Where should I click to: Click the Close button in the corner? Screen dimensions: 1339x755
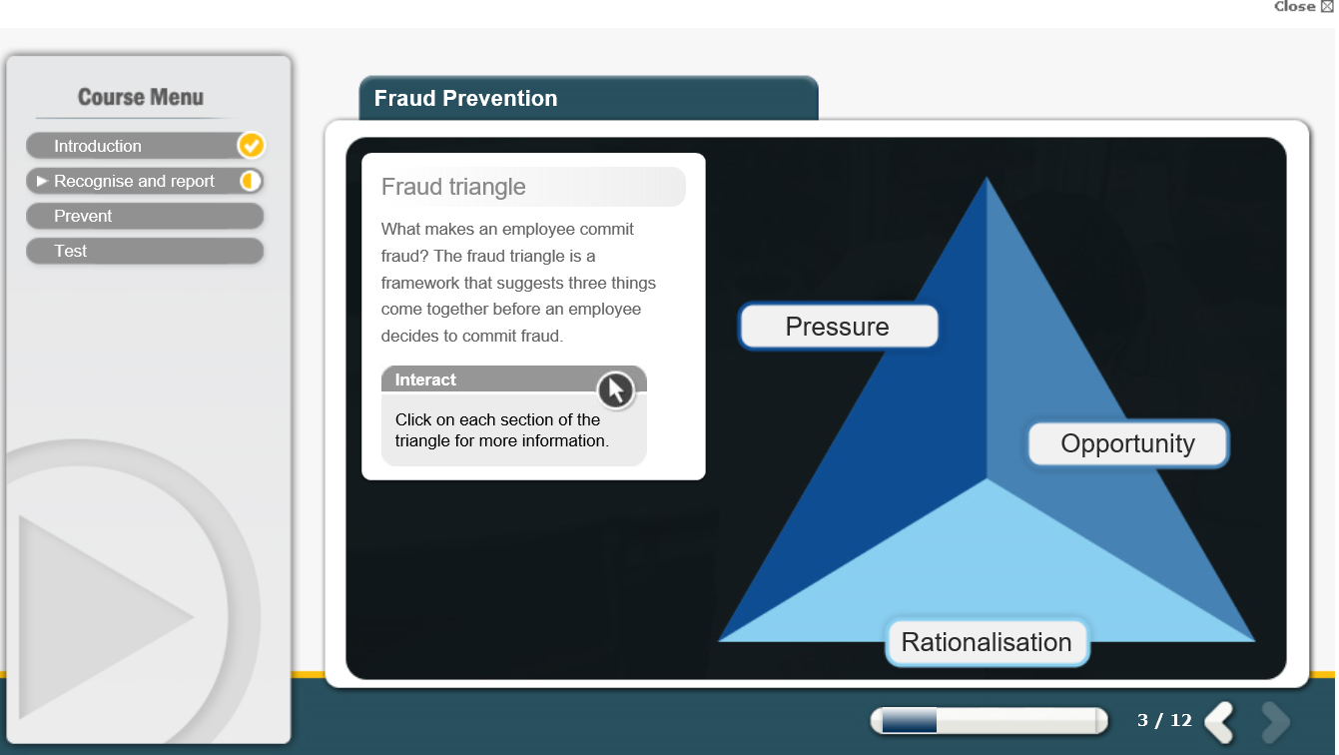tap(1304, 7)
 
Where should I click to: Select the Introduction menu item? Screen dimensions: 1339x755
tap(145, 146)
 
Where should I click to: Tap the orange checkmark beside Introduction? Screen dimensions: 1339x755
tap(251, 145)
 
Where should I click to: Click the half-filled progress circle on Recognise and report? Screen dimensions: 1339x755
tap(251, 181)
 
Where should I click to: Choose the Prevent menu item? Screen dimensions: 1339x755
tap(145, 216)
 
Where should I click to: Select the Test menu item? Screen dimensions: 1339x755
tap(145, 251)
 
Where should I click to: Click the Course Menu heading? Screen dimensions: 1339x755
tap(141, 97)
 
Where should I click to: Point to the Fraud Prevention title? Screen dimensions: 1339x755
tap(465, 98)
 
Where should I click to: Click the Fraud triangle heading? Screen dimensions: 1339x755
tap(453, 187)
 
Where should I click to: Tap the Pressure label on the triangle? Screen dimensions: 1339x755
tap(838, 327)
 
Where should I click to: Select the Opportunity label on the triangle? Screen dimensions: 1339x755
tap(1128, 443)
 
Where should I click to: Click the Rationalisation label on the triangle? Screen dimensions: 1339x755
tap(987, 642)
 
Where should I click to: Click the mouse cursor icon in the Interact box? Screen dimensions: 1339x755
tap(616, 390)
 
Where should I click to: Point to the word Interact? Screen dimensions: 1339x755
tap(425, 379)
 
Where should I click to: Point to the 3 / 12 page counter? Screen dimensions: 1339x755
tap(1164, 720)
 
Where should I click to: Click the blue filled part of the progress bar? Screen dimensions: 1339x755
tap(910, 720)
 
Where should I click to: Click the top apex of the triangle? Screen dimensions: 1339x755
tap(987, 177)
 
